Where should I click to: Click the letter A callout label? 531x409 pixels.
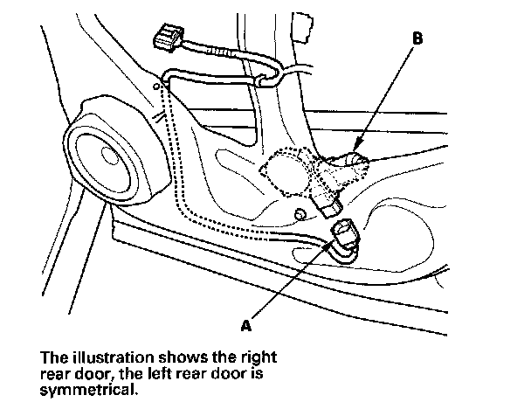pos(246,325)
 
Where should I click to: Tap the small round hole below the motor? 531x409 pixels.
pos(300,214)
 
